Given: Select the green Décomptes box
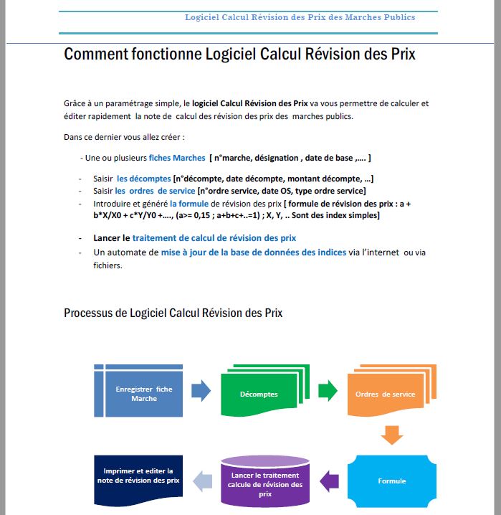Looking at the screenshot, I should (x=259, y=394).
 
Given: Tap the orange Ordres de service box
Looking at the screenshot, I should (x=385, y=394).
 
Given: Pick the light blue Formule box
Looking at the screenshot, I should (x=391, y=480).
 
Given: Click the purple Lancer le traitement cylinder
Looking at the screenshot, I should (x=265, y=480).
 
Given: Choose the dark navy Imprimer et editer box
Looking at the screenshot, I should (x=139, y=475).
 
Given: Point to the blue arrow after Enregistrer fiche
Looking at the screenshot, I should (x=201, y=391).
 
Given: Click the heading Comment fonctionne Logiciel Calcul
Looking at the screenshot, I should (x=239, y=55).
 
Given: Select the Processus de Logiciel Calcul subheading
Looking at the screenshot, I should (x=173, y=313).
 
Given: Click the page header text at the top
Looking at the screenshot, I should (x=300, y=17).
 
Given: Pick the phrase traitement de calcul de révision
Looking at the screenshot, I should (x=214, y=237).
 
